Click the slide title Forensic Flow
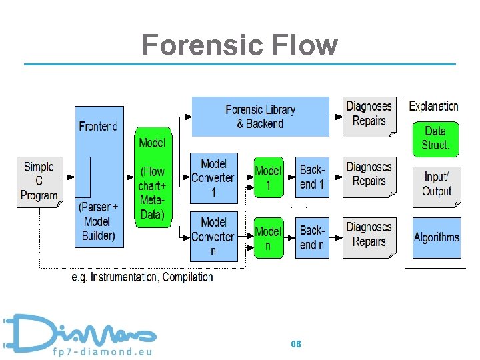point(239,45)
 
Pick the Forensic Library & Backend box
point(260,117)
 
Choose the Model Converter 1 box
point(213,178)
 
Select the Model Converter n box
point(213,237)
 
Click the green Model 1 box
point(268,178)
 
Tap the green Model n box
point(268,237)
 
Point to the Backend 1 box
point(312,178)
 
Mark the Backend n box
point(312,237)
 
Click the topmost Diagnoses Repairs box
point(369,115)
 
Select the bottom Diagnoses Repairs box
point(369,235)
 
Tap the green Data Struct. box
point(436,138)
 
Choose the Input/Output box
point(436,183)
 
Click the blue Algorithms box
point(436,237)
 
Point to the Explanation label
point(433,106)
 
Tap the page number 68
point(296,344)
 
